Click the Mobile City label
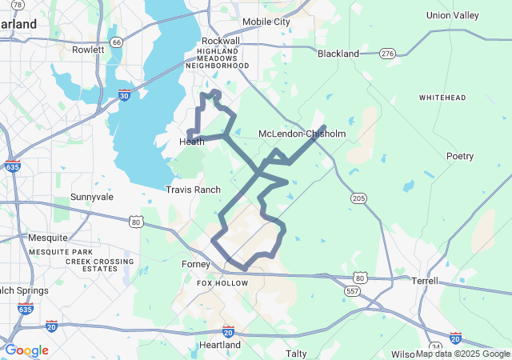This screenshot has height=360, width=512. click(266, 22)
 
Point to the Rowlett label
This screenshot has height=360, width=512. click(88, 49)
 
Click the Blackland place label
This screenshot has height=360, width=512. click(338, 54)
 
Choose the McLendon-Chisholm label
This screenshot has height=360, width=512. click(302, 134)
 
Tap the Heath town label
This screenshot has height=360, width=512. click(191, 142)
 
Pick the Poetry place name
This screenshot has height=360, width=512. click(460, 156)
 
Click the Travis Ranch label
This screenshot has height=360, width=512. click(193, 190)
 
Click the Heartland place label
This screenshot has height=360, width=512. click(219, 345)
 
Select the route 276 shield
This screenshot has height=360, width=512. click(388, 53)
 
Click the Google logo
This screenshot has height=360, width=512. click(26, 350)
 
